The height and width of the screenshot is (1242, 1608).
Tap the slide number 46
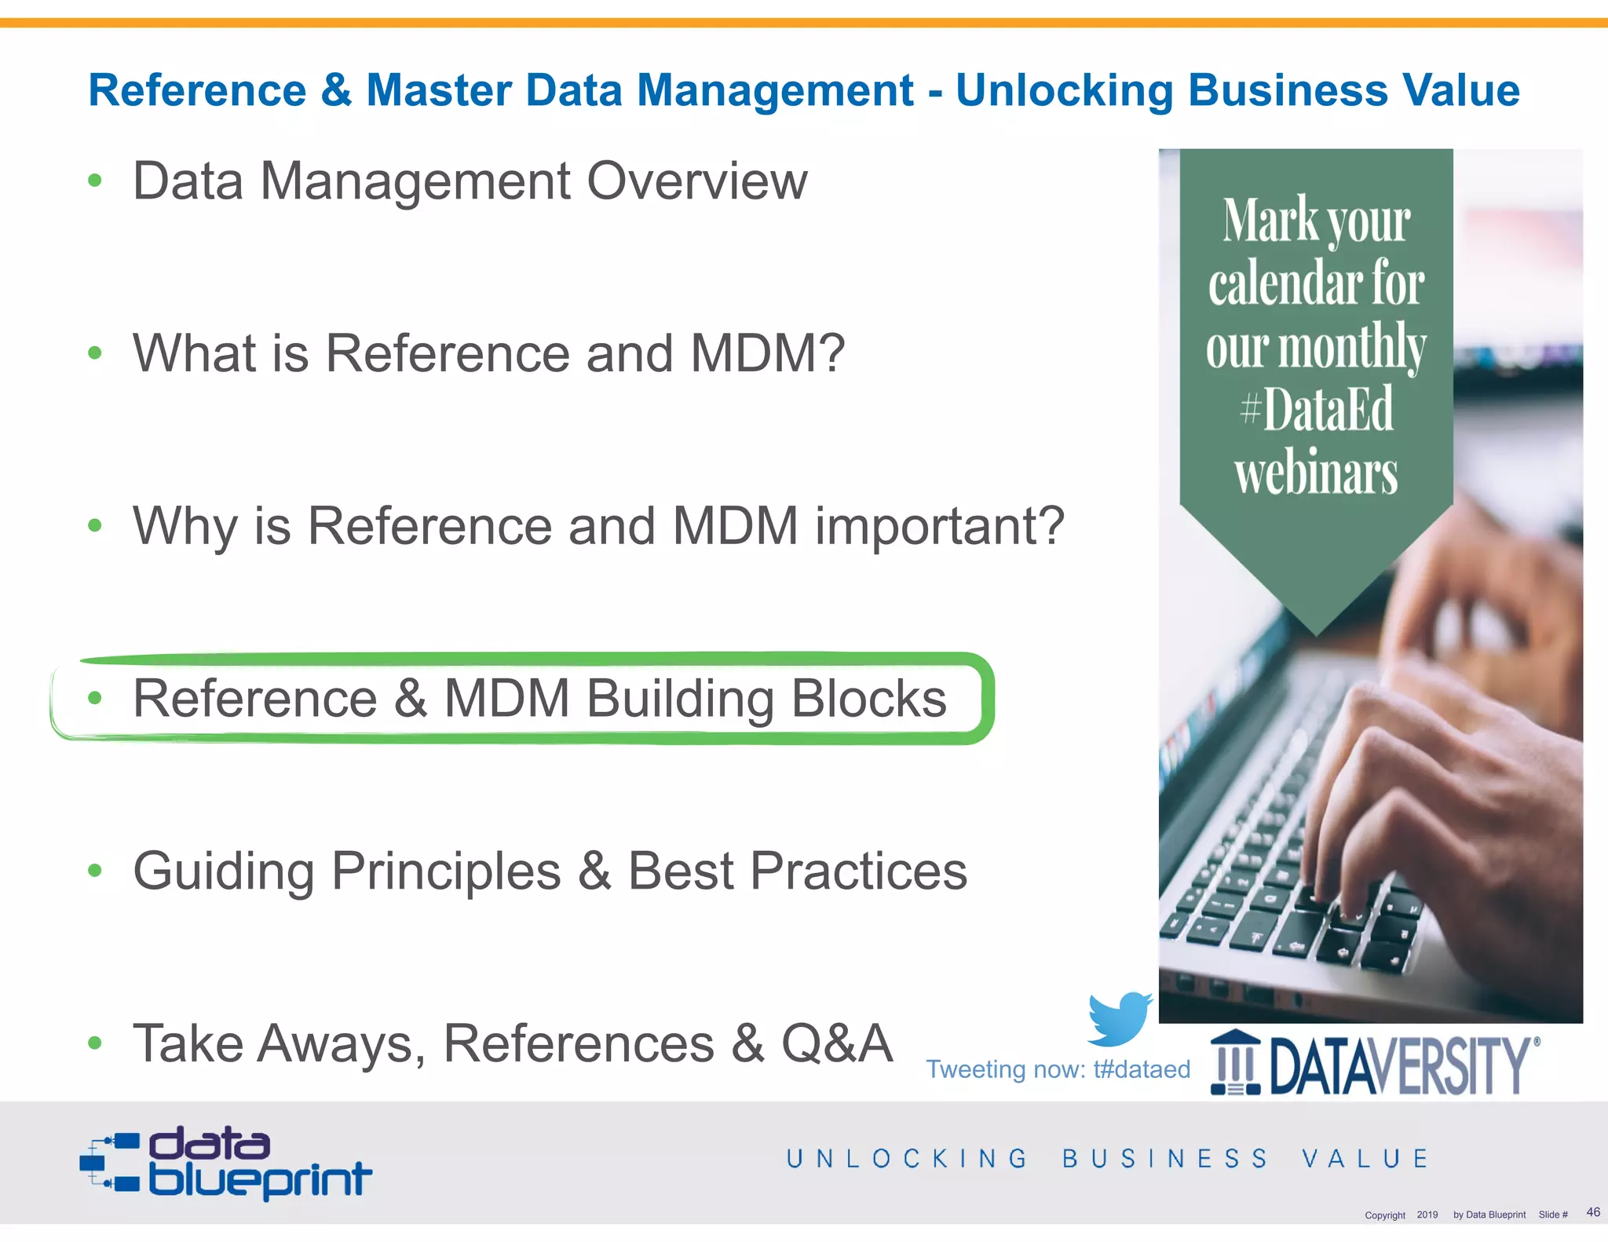coord(1593,1212)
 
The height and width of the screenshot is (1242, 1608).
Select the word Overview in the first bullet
coord(696,181)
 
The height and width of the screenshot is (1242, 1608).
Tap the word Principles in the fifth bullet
coord(446,871)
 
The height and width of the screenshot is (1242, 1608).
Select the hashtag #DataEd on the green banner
coord(1317,409)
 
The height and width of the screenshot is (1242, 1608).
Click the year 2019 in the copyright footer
coord(1427,1215)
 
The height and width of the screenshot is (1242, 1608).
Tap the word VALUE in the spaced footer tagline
coord(1365,1158)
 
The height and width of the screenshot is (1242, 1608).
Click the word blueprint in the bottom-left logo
coord(260,1180)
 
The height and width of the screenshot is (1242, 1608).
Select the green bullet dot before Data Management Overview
coord(95,181)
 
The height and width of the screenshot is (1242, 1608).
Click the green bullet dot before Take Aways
coord(95,1043)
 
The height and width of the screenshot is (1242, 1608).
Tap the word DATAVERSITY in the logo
coord(1400,1065)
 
